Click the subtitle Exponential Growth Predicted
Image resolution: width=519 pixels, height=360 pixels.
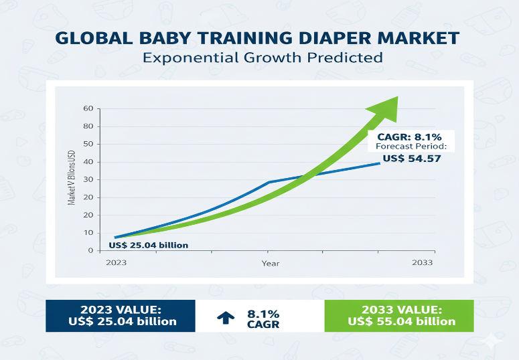pos(263,58)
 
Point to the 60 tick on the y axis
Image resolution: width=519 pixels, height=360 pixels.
pos(88,108)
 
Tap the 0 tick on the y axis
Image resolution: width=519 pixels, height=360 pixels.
pos(90,250)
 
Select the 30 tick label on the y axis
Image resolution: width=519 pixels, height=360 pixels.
pos(88,180)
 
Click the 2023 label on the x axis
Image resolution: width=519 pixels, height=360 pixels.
pos(116,263)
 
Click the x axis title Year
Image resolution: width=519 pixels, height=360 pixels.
pos(270,264)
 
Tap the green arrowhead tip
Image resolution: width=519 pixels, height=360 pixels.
pos(396,98)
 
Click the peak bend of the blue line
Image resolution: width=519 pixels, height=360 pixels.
pos(269,182)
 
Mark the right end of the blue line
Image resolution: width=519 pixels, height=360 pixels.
pos(380,163)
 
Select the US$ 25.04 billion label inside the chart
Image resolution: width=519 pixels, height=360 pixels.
pos(148,245)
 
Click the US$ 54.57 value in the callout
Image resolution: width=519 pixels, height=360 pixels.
pos(411,159)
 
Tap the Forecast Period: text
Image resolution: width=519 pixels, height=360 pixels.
pos(411,147)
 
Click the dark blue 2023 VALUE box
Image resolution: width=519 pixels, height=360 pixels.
pos(121,315)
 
